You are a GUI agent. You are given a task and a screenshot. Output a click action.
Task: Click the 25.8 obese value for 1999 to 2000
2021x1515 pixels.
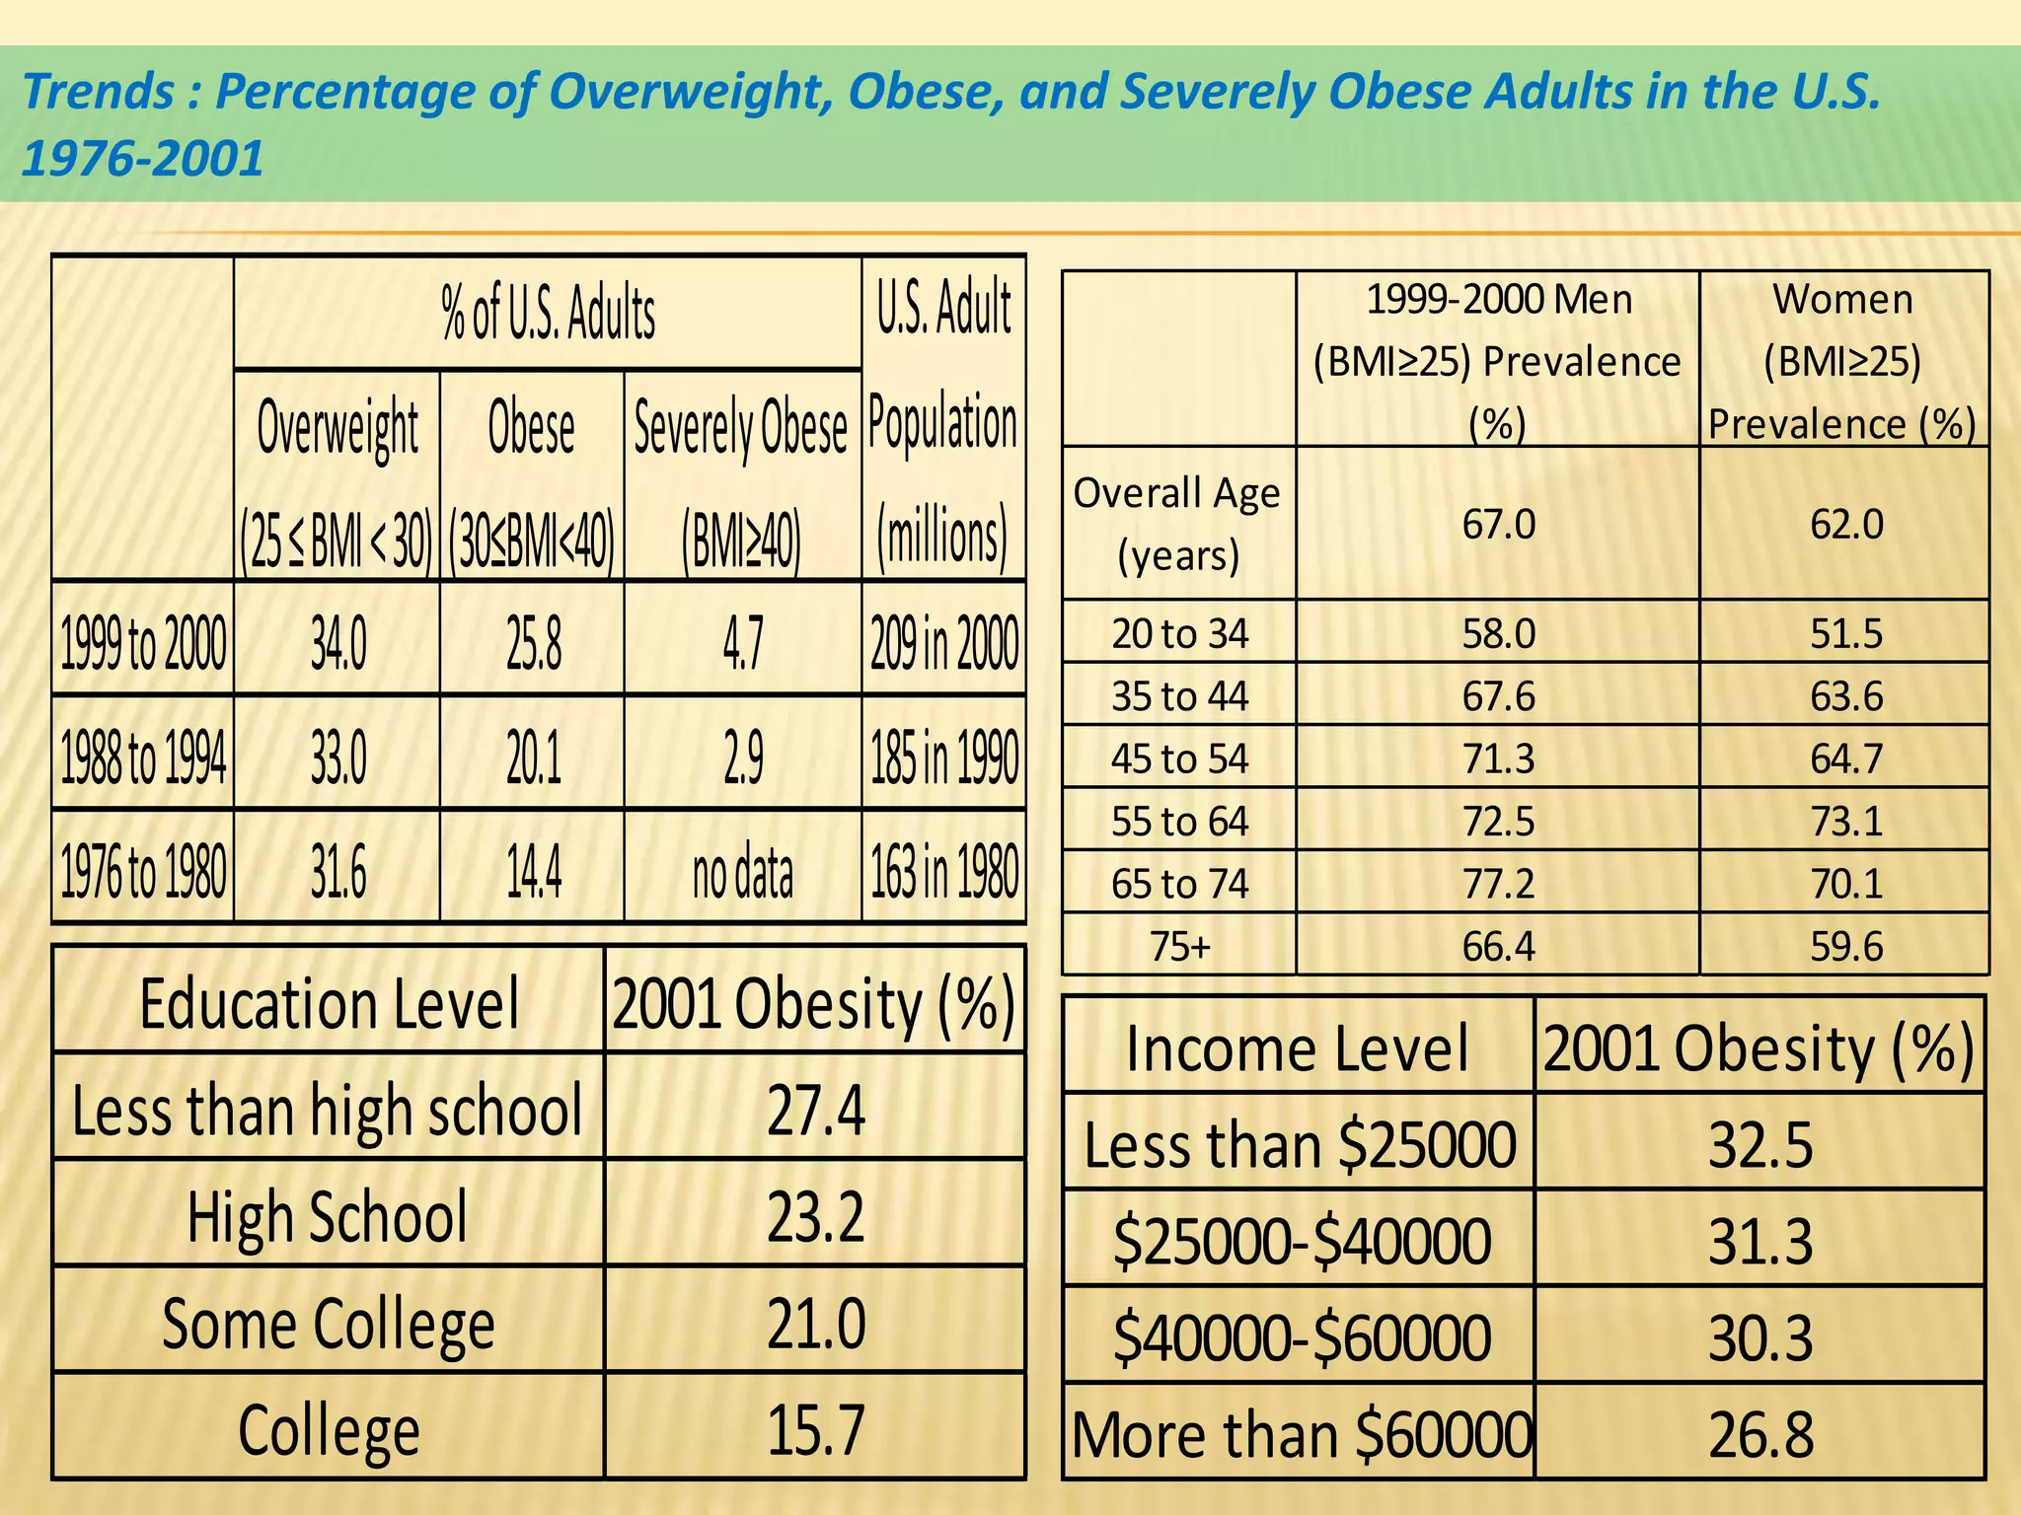coord(534,643)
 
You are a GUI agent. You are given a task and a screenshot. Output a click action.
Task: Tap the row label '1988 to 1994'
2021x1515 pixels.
coord(144,757)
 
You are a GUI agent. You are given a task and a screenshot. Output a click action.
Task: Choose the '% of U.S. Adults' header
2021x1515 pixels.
coord(548,313)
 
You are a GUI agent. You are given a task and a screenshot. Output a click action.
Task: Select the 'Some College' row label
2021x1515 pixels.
coord(329,1324)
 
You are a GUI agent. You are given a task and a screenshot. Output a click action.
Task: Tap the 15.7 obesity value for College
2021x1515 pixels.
coord(815,1429)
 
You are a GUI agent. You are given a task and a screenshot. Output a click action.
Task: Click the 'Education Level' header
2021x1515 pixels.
coord(329,1004)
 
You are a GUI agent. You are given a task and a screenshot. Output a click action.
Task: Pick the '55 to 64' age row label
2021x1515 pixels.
coord(1179,822)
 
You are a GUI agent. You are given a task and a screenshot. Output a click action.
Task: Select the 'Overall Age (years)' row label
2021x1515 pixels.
coord(1177,524)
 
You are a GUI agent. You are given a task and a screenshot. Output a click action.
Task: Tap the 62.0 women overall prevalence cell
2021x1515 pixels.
coord(1845,524)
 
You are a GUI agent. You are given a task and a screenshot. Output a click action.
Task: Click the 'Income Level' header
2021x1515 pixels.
coord(1298,1047)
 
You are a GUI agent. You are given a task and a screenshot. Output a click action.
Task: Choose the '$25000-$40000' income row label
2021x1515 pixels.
coord(1302,1241)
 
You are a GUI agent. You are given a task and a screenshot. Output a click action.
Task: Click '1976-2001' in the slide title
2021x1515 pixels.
coord(143,158)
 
